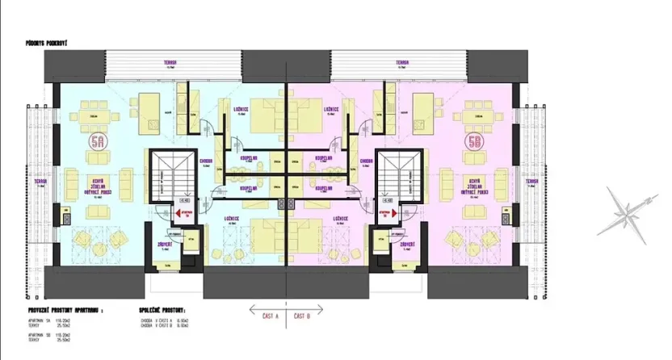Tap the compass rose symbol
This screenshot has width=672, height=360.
[625, 212]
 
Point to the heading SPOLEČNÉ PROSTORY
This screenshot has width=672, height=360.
[161, 308]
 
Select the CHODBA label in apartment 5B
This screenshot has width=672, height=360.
[366, 161]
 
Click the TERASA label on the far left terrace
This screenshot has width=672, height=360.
[39, 182]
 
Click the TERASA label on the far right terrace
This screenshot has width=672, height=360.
[531, 182]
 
